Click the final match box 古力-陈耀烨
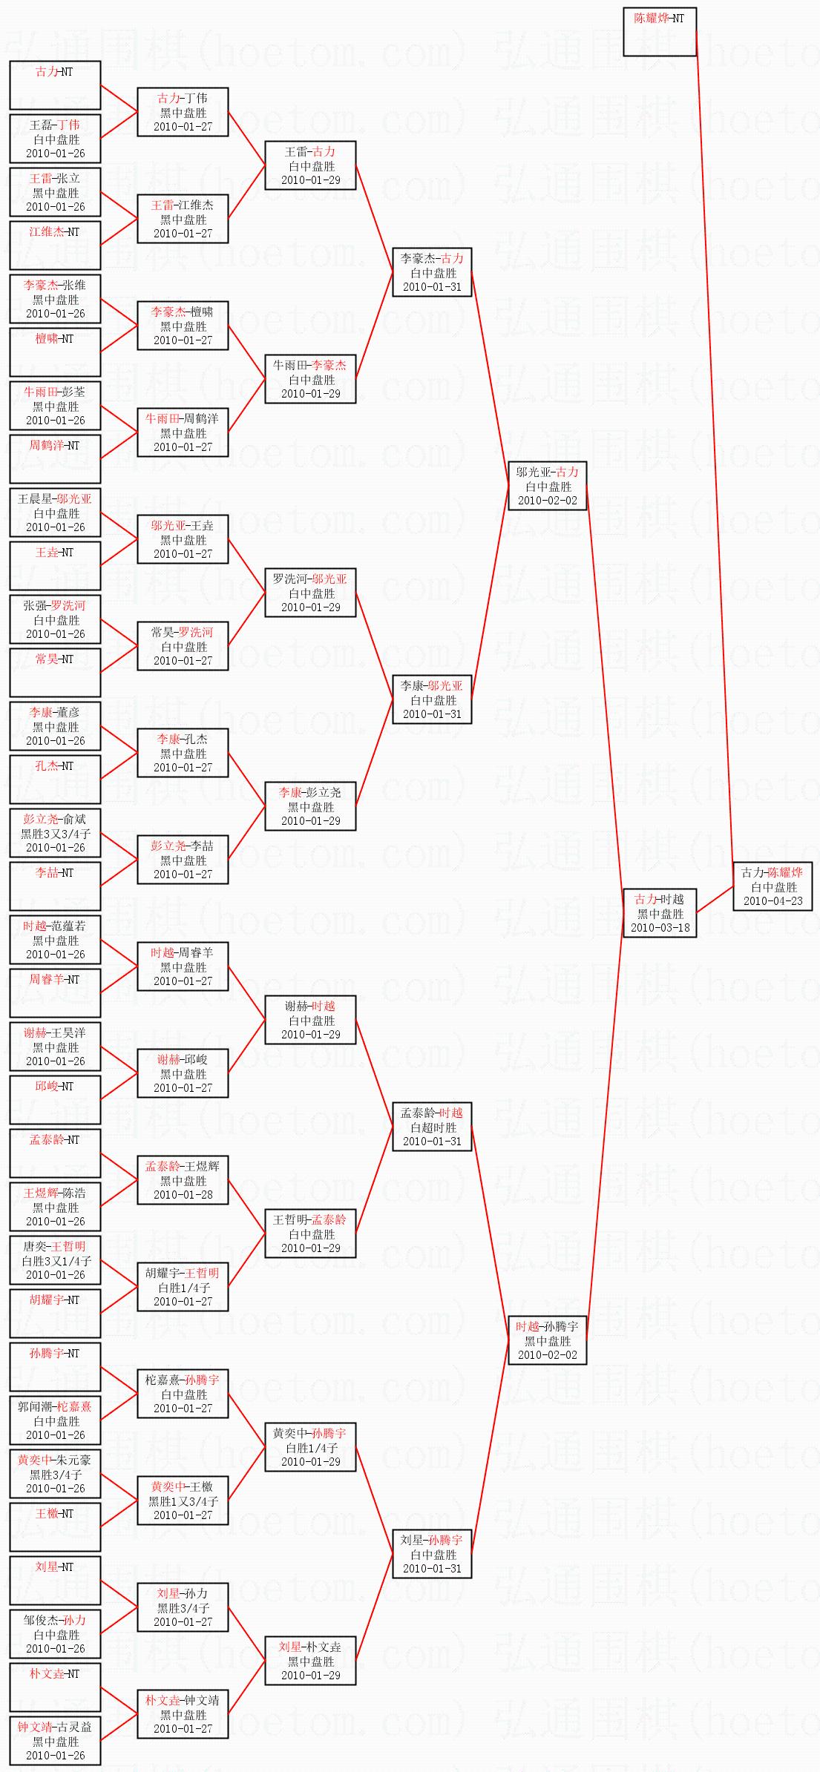tap(773, 886)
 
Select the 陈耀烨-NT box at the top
tap(659, 32)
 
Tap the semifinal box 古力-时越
tap(660, 913)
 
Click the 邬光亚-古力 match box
tap(548, 486)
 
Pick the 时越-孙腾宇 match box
tap(548, 1340)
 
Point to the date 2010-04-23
tap(773, 900)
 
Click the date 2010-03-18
tap(660, 927)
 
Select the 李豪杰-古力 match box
tap(432, 272)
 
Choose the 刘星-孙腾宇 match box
tap(432, 1554)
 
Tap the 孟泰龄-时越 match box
tap(432, 1127)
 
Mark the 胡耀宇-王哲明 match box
tap(183, 1287)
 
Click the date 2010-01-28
tap(183, 1194)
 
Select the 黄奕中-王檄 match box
tap(183, 1501)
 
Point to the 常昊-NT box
tap(55, 672)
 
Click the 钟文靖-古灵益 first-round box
tap(55, 1741)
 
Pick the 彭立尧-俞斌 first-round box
tap(55, 833)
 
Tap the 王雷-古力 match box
tap(310, 165)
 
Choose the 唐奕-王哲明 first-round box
tap(55, 1260)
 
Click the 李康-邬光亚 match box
tap(432, 699)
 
